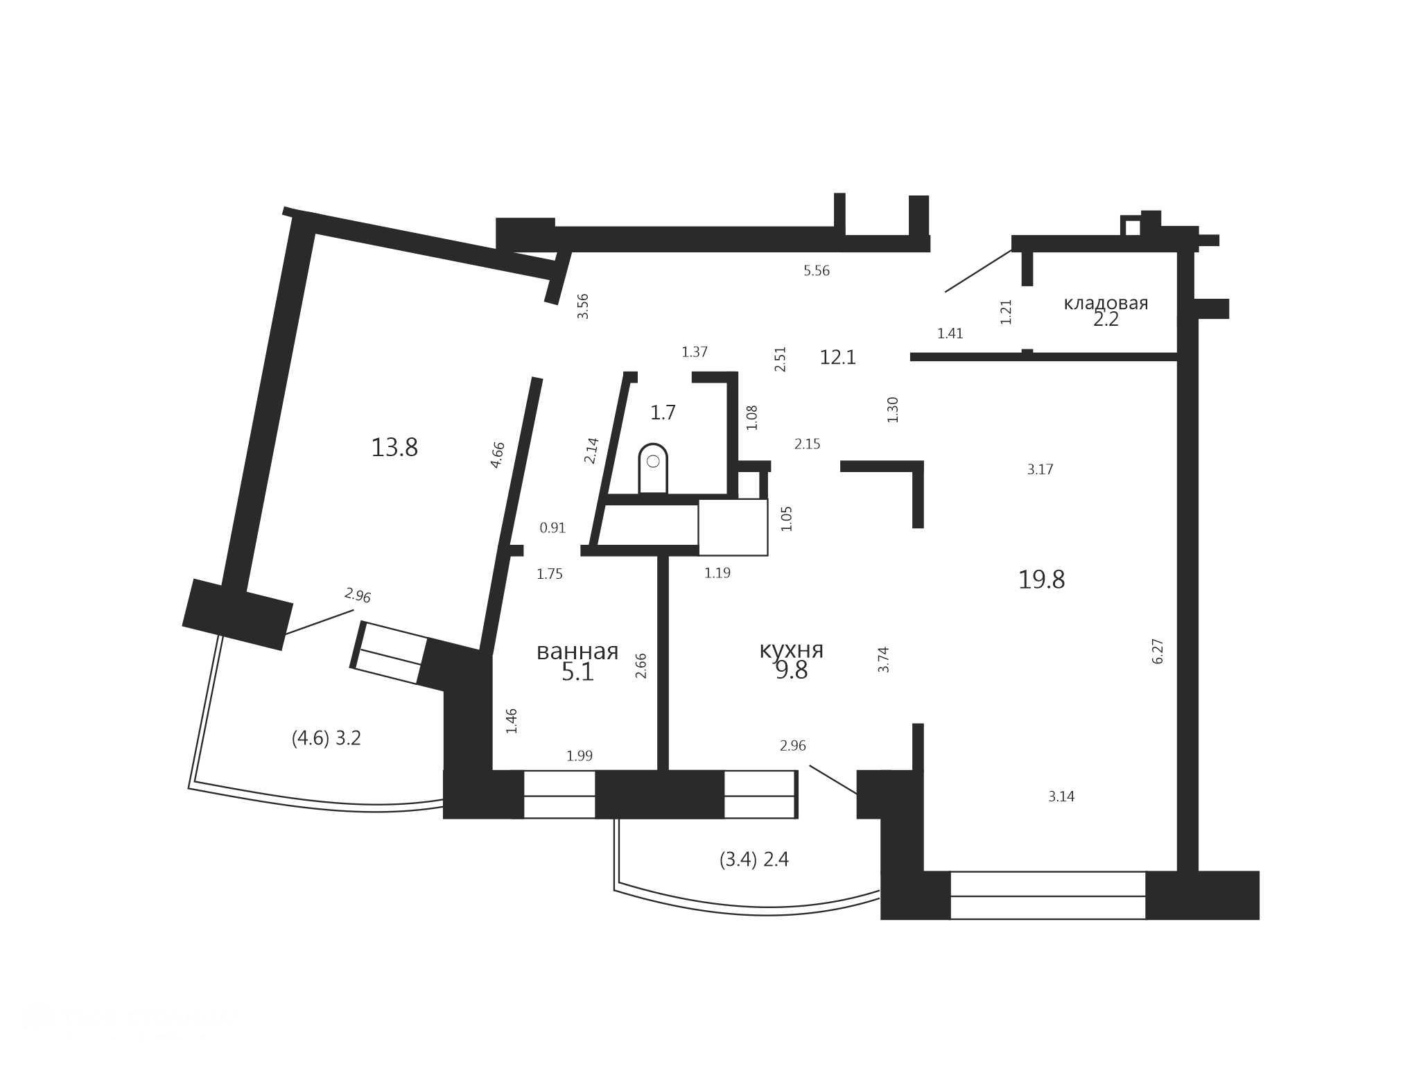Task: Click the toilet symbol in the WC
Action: point(653,469)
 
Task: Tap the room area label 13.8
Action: point(394,448)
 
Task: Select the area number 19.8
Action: point(1041,580)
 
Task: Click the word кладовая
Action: point(1106,303)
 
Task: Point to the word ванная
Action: point(577,652)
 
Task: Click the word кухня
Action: point(792,650)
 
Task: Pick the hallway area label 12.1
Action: point(838,358)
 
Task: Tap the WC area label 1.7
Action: point(663,413)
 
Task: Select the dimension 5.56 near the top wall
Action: point(817,271)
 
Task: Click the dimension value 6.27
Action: point(1158,652)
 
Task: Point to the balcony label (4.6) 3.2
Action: point(326,738)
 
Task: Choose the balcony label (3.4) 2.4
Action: point(754,860)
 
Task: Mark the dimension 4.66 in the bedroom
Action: point(498,455)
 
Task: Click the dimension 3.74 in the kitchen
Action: point(884,659)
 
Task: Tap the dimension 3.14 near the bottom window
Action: point(1061,797)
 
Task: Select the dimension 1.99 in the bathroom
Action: point(580,756)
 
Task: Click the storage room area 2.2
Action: point(1106,320)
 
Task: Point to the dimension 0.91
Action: point(552,528)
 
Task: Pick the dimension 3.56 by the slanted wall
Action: point(583,306)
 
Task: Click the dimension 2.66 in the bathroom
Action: point(641,665)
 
